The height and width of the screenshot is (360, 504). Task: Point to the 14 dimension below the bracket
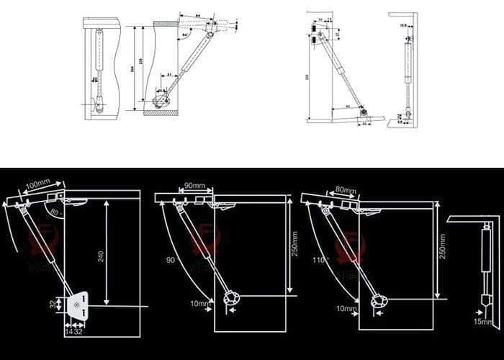coord(68,333)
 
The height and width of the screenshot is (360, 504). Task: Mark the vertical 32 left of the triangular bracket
coord(53,305)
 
